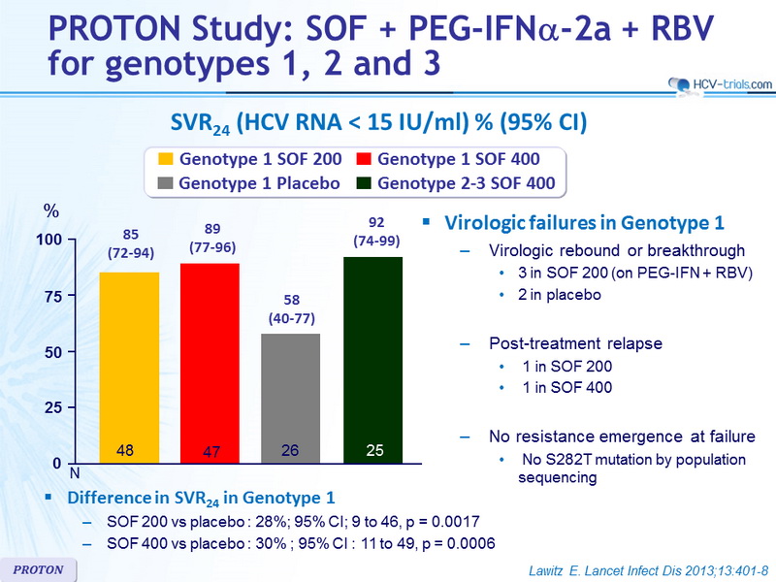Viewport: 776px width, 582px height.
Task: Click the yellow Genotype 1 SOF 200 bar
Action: [x=130, y=368]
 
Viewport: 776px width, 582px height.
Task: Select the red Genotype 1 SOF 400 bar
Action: [x=210, y=363]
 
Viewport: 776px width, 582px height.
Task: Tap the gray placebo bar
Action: [x=290, y=399]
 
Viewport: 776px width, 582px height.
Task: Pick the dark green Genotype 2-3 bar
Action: [x=372, y=360]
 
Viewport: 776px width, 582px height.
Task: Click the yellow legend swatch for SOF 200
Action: [x=165, y=159]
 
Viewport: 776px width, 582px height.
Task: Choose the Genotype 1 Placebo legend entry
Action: [x=249, y=183]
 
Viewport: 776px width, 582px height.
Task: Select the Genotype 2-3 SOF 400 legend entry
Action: [x=456, y=183]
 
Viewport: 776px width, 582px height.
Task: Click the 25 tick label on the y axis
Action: [x=53, y=407]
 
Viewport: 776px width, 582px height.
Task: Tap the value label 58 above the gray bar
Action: [x=292, y=300]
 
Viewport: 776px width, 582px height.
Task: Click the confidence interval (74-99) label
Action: [x=376, y=241]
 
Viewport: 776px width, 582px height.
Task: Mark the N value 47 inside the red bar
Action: [x=211, y=451]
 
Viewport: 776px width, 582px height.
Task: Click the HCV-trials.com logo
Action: [x=720, y=84]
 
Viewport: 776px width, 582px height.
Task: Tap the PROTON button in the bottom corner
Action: [x=38, y=569]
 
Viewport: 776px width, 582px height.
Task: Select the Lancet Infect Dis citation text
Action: [x=648, y=570]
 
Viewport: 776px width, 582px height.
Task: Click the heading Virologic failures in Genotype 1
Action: [x=584, y=223]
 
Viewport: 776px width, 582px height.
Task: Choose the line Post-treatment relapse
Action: [x=575, y=343]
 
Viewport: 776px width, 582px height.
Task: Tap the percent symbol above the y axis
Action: [x=51, y=210]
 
